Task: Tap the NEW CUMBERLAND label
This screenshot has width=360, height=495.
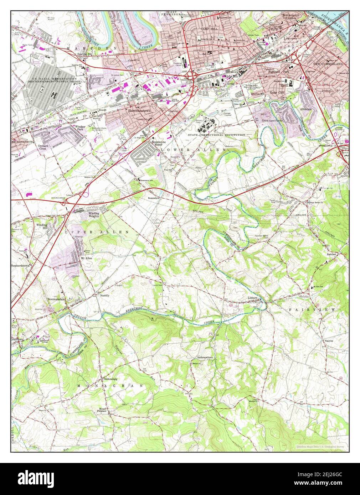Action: (328, 64)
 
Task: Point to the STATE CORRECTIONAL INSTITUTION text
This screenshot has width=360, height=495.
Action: (217, 135)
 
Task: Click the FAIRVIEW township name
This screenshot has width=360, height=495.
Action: (312, 310)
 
